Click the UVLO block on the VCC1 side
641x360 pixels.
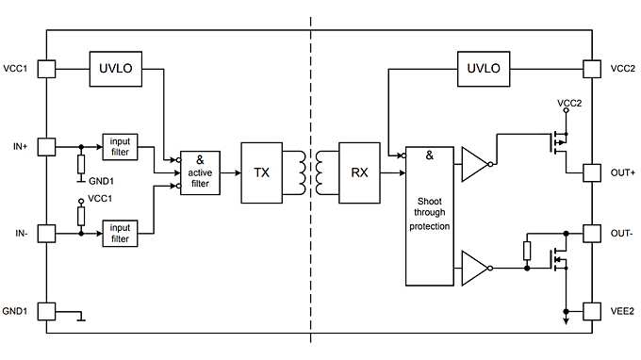115,68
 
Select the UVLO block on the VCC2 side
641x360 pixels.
483,68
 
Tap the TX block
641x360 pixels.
261,173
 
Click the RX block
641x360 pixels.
358,173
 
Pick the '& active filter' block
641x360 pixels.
199,172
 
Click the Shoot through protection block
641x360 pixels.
429,216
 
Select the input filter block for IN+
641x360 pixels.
120,147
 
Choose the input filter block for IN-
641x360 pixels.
120,232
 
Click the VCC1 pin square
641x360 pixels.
46,69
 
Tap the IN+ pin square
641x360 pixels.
46,147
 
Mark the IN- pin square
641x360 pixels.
46,232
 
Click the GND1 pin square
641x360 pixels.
46,310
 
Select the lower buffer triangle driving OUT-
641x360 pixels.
474,268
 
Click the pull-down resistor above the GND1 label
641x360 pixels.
82,164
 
